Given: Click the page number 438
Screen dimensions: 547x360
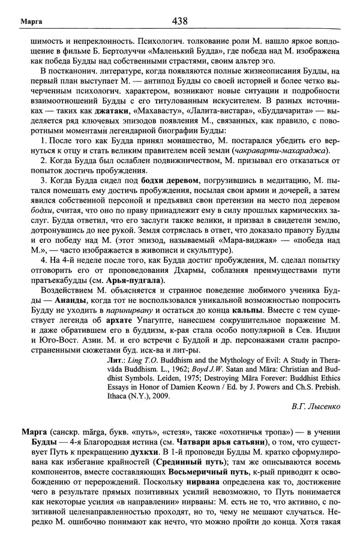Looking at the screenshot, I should (x=179, y=22).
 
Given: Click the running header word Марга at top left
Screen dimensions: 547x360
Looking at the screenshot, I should (x=24, y=23).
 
